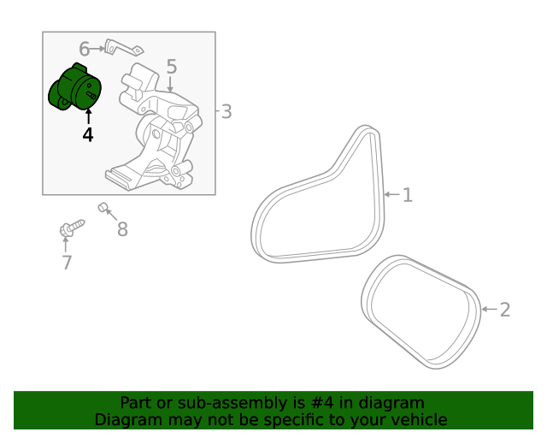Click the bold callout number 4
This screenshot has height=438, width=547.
pyautogui.click(x=88, y=135)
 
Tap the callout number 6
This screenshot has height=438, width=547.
pyautogui.click(x=85, y=49)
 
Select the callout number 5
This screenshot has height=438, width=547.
pyautogui.click(x=172, y=67)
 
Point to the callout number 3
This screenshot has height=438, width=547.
pyautogui.click(x=226, y=112)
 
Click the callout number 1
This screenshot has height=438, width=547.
pyautogui.click(x=408, y=195)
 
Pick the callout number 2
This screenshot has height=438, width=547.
pyautogui.click(x=505, y=310)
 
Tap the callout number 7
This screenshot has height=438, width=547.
pyautogui.click(x=67, y=263)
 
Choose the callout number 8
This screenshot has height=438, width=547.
pyautogui.click(x=122, y=229)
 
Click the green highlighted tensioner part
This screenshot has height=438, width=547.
pyautogui.click(x=74, y=87)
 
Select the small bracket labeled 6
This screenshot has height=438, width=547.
pyautogui.click(x=123, y=48)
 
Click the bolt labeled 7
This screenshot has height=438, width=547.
pyautogui.click(x=72, y=228)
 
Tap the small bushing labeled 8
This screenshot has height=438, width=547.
pyautogui.click(x=103, y=208)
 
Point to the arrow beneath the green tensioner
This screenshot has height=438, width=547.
pyautogui.click(x=89, y=116)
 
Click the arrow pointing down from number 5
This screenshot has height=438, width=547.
pyautogui.click(x=170, y=84)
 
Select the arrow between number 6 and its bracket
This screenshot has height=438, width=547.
pyautogui.click(x=97, y=49)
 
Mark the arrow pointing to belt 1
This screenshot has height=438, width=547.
pyautogui.click(x=392, y=194)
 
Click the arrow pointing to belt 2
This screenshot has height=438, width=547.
pyautogui.click(x=489, y=309)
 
